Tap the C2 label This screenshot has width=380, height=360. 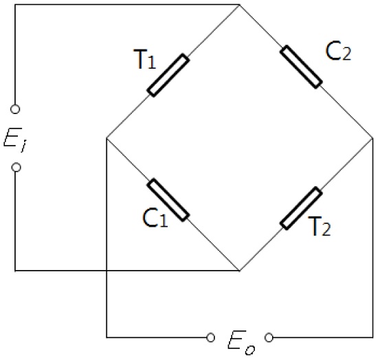[337, 52]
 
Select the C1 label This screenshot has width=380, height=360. [153, 218]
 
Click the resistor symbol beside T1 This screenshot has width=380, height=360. [168, 76]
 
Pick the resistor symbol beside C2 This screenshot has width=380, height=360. [301, 67]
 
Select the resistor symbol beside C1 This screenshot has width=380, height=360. [168, 201]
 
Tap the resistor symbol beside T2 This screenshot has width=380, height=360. [301, 207]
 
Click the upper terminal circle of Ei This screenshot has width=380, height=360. [16, 109]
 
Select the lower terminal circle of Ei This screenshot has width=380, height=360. [16, 167]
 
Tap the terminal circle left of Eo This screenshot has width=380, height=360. [210, 337]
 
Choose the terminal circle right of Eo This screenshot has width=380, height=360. [269, 337]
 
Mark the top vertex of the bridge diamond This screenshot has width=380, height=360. [239, 5]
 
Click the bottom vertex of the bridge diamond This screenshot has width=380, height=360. [239, 271]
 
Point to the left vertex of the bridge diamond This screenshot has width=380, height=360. [107, 138]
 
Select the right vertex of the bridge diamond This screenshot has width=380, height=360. [372, 138]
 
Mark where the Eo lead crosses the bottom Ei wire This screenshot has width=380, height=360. [107, 271]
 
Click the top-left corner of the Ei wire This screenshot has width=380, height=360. [16, 5]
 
